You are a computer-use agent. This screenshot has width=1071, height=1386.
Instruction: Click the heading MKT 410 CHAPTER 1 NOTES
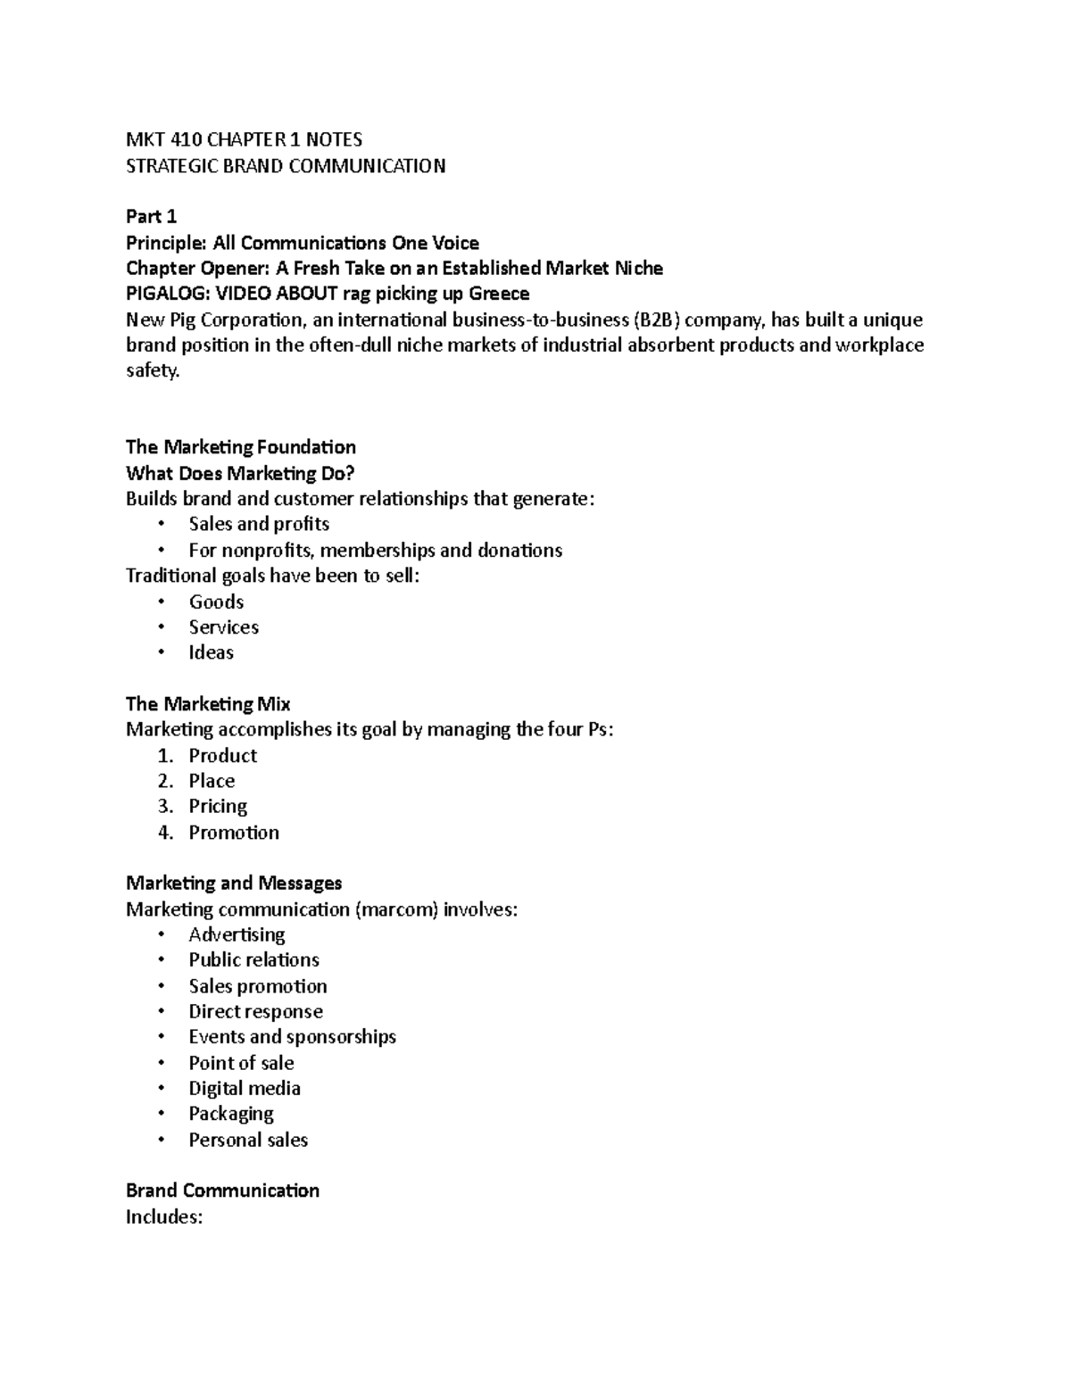244,139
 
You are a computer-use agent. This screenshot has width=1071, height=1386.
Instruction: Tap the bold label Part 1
151,217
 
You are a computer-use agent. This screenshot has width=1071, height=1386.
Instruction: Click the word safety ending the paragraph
153,370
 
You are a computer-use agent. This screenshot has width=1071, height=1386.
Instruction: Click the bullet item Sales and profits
259,524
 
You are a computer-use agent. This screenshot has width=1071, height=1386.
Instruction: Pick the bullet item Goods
216,602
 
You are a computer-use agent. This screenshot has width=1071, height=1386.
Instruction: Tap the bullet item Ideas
211,652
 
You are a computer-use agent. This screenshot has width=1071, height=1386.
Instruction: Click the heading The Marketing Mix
208,704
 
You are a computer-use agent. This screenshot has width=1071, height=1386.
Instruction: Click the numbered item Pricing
218,807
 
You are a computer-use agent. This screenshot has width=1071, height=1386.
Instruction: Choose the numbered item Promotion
234,833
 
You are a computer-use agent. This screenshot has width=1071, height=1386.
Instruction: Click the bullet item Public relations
253,960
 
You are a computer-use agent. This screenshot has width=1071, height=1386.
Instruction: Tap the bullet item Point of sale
241,1063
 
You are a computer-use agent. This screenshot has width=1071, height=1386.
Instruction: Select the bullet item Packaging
231,1114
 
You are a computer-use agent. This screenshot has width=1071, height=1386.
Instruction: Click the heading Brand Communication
222,1191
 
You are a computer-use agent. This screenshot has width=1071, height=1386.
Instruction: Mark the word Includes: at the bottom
164,1216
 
